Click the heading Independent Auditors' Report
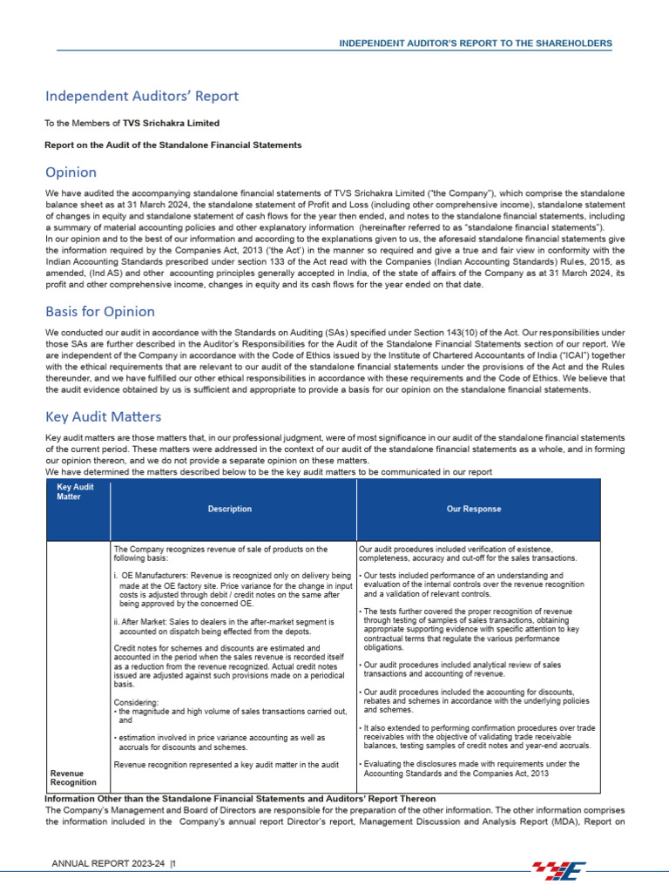tap(142, 96)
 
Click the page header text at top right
tap(475, 43)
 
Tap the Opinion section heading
tap(71, 172)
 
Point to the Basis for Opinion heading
tap(100, 311)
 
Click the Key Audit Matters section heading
tap(103, 417)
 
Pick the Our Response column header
tap(474, 509)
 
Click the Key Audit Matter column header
tap(75, 491)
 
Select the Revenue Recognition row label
tap(73, 777)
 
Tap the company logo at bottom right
tap(563, 869)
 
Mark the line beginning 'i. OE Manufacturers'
tap(233, 576)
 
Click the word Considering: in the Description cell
tap(136, 702)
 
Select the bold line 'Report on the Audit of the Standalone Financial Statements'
tap(173, 145)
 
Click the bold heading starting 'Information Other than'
tap(240, 799)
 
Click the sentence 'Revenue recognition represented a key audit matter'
tap(226, 765)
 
